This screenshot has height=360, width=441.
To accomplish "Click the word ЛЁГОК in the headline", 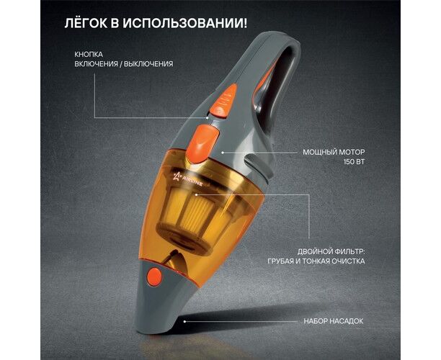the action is (x=86, y=23).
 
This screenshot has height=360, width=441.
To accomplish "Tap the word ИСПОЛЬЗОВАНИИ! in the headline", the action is (x=185, y=23).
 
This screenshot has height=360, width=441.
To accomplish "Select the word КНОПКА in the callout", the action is (x=89, y=54).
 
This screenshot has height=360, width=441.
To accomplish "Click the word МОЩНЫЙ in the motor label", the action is (x=318, y=152).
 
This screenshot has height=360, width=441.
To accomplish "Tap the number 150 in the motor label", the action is (x=349, y=162).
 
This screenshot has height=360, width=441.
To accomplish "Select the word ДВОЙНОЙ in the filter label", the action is (x=315, y=251).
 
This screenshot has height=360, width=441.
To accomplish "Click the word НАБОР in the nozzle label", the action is (x=316, y=321).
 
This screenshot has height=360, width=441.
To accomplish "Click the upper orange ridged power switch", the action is (x=224, y=100).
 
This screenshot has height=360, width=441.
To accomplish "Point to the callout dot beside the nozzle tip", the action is (x=184, y=321).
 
